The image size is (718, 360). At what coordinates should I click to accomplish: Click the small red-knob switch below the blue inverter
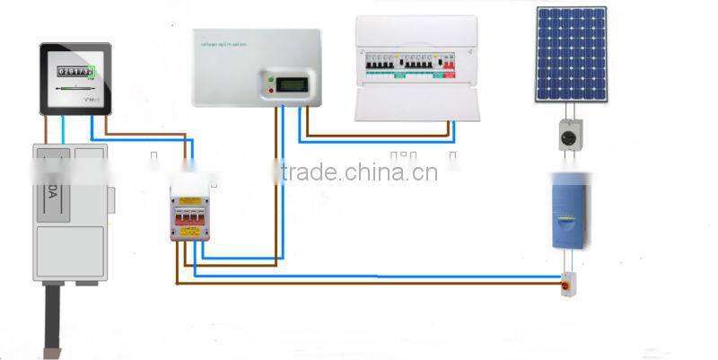[x=568, y=285]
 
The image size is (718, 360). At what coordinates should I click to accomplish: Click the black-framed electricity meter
[x=75, y=79]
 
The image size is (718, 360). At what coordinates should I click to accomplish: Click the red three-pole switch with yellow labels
[x=191, y=215]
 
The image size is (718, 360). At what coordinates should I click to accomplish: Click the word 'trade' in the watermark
[x=310, y=171]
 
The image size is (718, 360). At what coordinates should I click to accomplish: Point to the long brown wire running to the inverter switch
[x=377, y=285]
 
